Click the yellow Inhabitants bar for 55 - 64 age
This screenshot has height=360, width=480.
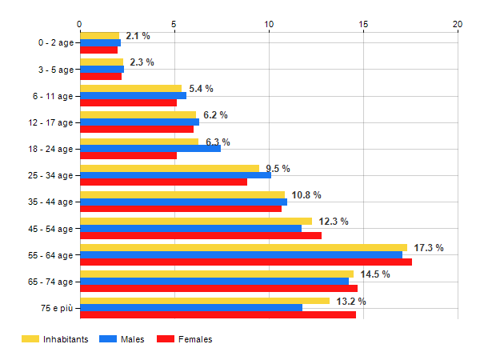(243, 247)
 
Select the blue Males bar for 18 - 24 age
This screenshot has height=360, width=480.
(150, 148)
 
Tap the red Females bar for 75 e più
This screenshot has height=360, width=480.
(218, 315)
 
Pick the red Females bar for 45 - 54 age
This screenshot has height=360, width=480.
(201, 235)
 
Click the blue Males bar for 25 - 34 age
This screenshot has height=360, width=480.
(175, 175)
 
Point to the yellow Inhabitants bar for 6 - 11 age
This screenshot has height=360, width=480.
(130, 88)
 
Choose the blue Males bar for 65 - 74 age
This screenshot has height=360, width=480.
(214, 281)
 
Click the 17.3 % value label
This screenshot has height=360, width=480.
(429, 248)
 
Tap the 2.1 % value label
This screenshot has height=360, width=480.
(138, 36)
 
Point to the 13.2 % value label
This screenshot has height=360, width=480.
(350, 302)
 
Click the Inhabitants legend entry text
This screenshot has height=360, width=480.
(66, 339)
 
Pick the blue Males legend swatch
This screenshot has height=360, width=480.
(108, 339)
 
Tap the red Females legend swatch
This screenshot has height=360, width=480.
(166, 339)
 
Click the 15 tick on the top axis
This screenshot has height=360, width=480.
(363, 24)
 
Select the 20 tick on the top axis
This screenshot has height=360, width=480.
(458, 24)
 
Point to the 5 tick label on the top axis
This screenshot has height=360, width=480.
(174, 24)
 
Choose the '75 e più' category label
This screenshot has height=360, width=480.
(57, 308)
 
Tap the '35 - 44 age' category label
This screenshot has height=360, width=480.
(48, 202)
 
